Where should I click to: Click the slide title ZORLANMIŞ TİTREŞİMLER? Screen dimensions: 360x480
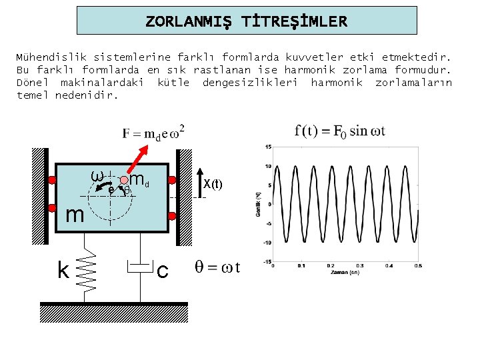click(x=247, y=21)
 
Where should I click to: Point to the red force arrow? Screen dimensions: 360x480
click(x=139, y=159)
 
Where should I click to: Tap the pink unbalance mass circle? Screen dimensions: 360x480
click(x=124, y=180)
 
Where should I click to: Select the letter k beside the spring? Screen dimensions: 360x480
click(x=63, y=270)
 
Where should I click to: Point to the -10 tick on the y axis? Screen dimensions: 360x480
click(x=267, y=243)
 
